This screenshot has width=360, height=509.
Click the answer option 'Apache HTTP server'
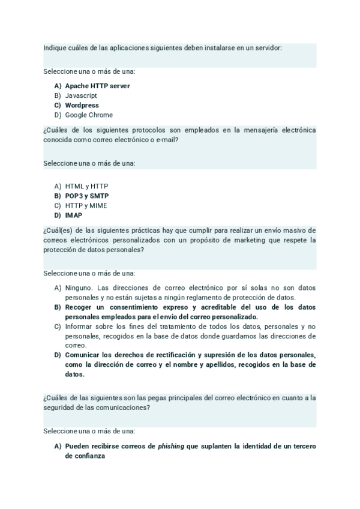97,86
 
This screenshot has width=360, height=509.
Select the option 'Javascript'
81,95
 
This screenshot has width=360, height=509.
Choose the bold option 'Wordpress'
82,105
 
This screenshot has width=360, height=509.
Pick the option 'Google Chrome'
89,115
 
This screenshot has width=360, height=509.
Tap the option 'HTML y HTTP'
86,186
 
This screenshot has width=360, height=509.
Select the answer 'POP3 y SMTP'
86,196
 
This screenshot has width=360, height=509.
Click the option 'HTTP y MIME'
86,205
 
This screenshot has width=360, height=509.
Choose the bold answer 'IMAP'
74,215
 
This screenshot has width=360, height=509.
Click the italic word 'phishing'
172,446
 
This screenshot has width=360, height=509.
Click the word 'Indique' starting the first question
53,47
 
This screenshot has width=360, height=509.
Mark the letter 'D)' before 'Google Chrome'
58,115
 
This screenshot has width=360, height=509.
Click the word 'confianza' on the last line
85,456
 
